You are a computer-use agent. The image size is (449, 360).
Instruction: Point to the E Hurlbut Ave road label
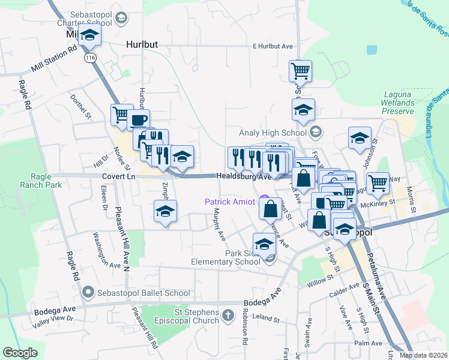pyautogui.click(x=272, y=46)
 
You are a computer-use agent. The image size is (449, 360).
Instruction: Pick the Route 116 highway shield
pyautogui.click(x=91, y=58)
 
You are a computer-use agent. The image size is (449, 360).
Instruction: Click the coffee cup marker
pyautogui.click(x=138, y=119)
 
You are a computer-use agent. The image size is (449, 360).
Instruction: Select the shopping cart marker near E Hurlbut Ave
pyautogui.click(x=300, y=70)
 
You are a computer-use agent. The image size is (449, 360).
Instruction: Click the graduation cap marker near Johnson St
pyautogui.click(x=360, y=137)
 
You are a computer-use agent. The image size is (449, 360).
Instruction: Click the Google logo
pyautogui.click(x=20, y=353)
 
